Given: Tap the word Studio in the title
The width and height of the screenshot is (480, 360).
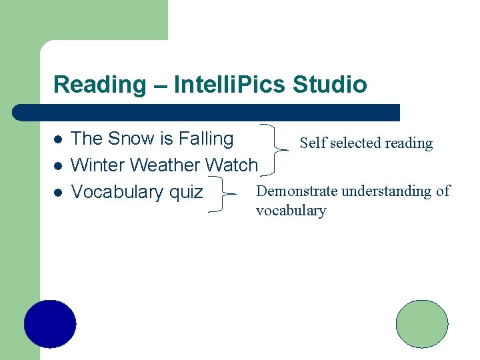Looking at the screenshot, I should (330, 85).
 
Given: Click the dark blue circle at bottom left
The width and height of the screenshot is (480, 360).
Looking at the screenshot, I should (50, 325).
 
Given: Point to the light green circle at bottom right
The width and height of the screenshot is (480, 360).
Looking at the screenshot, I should (422, 324).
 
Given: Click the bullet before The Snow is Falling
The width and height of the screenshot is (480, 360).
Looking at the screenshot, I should (58, 140).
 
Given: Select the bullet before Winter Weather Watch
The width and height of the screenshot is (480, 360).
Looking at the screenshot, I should (58, 165).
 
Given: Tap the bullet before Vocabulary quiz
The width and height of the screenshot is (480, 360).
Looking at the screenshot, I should (58, 193).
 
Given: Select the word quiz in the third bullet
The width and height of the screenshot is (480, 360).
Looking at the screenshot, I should (186, 192).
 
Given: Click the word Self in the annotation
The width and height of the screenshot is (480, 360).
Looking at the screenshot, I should (312, 143).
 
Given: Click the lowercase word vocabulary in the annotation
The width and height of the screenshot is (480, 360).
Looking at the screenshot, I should (291, 211).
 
